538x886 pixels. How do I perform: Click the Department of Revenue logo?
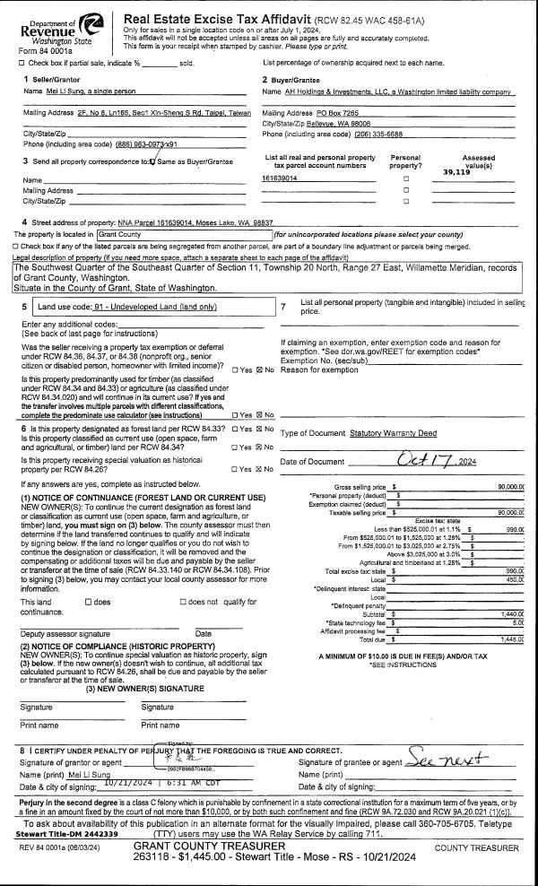56,26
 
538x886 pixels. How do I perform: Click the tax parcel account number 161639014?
280,178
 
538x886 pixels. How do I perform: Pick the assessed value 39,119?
456,171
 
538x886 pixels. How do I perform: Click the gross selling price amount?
510,486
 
